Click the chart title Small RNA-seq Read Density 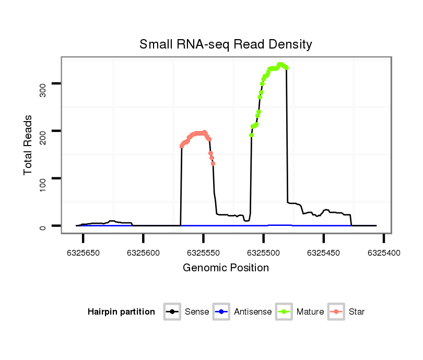point(226,44)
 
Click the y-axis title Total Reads point(28,145)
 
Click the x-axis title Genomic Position point(226,268)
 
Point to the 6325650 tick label point(84,253)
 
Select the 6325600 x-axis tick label point(144,253)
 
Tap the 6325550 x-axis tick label point(204,253)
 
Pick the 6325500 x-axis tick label point(264,253)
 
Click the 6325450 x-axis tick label point(324,253)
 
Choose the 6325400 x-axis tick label point(384,253)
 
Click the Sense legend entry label point(197,312)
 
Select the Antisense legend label point(253,312)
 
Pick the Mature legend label point(310,312)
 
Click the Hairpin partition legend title point(121,312)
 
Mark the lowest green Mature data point point(252,135)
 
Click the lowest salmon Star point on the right point(213,163)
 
